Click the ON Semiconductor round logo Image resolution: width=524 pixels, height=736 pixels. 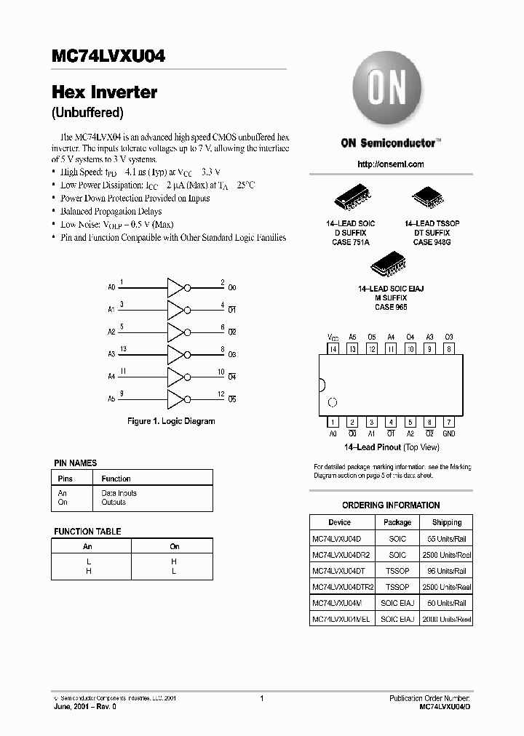pos(389,92)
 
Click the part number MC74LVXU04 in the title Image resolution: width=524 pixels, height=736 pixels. pos(108,57)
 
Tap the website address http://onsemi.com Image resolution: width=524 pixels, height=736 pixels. pos(391,164)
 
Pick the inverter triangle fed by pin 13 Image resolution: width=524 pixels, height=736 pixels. pos(176,354)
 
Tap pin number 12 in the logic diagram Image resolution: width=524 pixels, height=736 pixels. pos(221,393)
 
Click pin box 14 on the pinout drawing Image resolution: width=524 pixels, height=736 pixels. pos(333,349)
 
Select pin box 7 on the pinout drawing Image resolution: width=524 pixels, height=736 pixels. pos(449,422)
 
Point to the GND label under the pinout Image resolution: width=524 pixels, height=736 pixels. pos(449,433)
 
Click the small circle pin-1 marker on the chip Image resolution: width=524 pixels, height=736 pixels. pos(333,401)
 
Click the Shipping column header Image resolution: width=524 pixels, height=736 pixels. pos(446,522)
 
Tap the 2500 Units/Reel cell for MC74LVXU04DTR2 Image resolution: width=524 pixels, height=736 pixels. pos(446,586)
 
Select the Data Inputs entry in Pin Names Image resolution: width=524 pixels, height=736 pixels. pos(119,493)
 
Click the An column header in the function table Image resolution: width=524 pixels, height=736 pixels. pos(87,546)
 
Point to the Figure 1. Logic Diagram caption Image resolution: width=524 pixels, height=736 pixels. pos(171,421)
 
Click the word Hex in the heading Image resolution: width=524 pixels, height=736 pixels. pos(68,92)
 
